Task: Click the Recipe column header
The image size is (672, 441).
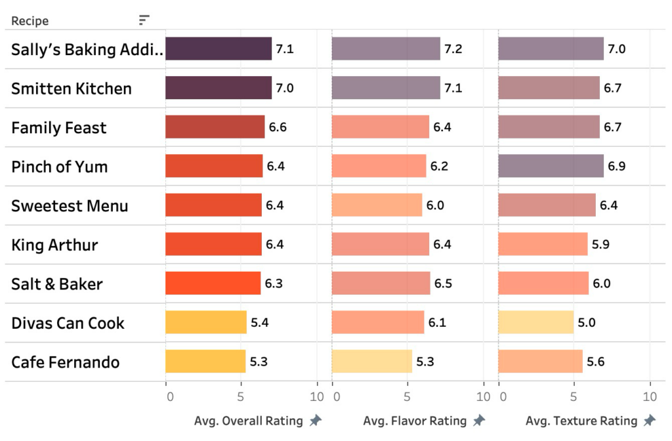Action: (30, 21)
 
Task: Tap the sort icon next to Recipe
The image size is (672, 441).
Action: (144, 20)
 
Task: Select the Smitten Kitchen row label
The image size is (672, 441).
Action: (72, 89)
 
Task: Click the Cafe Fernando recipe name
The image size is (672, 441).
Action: (66, 362)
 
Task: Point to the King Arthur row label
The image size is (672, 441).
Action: (54, 245)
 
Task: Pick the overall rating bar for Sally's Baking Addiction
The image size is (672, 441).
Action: (219, 49)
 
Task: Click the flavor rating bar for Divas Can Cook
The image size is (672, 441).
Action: (378, 322)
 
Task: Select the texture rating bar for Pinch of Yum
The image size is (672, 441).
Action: (551, 166)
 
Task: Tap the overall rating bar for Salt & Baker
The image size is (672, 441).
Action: (213, 283)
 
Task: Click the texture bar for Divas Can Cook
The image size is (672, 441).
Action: (536, 322)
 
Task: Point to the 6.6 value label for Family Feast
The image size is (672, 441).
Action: (278, 127)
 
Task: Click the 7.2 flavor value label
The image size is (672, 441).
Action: (453, 49)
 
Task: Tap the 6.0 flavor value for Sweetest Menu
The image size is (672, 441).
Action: (435, 205)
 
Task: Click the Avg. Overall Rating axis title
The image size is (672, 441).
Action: (249, 421)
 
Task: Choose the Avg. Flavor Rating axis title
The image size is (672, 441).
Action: (415, 421)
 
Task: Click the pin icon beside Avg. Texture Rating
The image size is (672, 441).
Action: (650, 421)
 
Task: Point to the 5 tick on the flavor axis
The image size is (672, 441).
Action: (408, 397)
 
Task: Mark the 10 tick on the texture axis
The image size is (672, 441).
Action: (650, 397)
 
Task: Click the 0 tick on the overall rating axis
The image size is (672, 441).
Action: (170, 397)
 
